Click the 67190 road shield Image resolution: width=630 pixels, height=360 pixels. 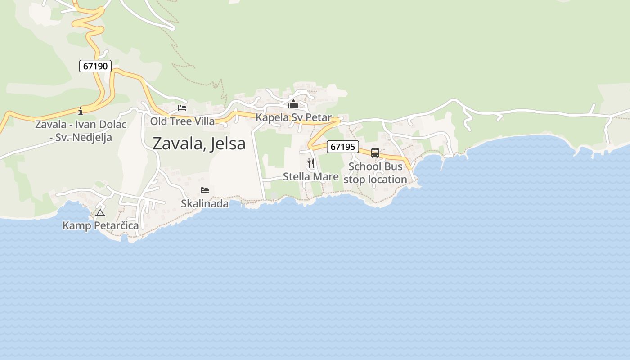point(95,66)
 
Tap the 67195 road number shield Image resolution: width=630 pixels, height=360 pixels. point(342,146)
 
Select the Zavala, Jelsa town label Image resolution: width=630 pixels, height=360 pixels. point(199,144)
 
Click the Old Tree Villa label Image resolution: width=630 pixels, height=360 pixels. point(182,121)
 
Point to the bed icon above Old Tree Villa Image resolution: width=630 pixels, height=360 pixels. point(182,108)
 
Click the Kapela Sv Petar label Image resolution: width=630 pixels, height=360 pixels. point(293,117)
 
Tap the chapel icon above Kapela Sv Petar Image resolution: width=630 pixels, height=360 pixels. point(293,104)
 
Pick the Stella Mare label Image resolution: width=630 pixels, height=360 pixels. point(310,176)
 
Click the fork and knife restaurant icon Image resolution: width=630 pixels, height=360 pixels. point(310,163)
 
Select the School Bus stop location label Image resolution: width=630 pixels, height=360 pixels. point(375,173)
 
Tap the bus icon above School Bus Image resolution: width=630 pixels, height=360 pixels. point(375,153)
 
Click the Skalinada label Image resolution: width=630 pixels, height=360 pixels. point(205,203)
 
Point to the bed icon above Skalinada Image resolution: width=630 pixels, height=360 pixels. point(205,190)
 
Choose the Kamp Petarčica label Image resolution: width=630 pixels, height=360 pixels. point(100,225)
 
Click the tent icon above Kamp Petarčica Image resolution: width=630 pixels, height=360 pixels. point(100,212)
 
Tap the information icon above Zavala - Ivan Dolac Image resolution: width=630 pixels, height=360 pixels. point(81,111)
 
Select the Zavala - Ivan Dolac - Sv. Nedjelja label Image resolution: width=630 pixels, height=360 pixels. point(81,131)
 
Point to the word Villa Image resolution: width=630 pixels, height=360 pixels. point(205,121)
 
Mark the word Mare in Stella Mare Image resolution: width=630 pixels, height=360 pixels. point(326,176)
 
